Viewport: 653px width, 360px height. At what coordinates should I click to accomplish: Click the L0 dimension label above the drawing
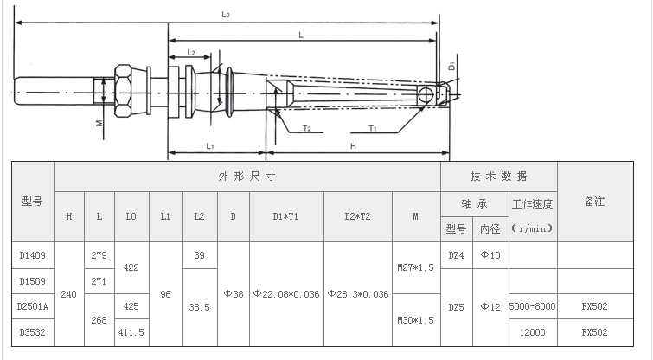[227, 15]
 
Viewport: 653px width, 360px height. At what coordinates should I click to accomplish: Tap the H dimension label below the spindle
[354, 146]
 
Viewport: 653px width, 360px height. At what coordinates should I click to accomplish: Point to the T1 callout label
[373, 127]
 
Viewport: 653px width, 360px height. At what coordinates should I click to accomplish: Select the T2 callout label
[306, 127]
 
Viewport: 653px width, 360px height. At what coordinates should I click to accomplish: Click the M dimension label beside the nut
[99, 123]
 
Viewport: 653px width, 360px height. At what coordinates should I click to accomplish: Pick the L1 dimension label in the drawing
[210, 145]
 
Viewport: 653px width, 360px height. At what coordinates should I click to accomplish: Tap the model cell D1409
[33, 255]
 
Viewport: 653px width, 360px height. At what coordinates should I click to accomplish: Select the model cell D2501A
[33, 306]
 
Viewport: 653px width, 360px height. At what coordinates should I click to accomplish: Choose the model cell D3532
[33, 331]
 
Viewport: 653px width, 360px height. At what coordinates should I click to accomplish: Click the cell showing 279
[99, 255]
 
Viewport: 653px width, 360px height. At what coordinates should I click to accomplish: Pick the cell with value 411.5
[131, 331]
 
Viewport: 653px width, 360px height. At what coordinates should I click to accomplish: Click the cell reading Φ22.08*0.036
[286, 293]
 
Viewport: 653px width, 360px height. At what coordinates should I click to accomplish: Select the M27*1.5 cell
[416, 268]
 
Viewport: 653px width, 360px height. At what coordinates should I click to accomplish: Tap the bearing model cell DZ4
[456, 255]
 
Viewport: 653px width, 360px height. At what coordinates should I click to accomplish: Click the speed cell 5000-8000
[532, 306]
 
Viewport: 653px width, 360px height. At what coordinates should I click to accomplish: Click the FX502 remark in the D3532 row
[594, 331]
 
